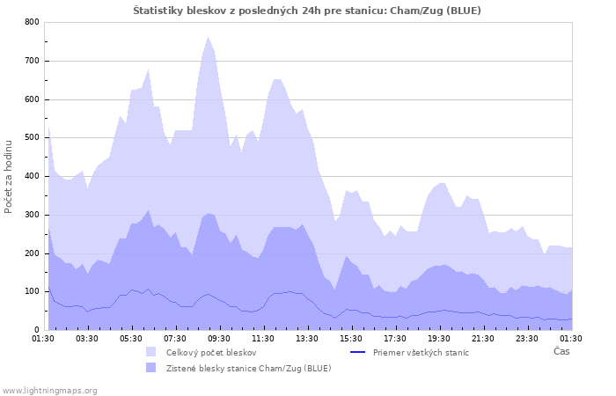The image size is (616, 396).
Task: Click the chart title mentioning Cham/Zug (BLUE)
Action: click(307, 10)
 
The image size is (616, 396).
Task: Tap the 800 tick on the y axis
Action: click(32, 22)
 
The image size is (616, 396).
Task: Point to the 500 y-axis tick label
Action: click(32, 138)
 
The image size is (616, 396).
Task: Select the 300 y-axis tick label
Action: click(32, 215)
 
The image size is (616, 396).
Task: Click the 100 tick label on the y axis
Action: click(32, 291)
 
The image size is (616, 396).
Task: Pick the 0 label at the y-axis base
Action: click(36, 330)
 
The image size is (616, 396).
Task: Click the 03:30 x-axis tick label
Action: click(87, 338)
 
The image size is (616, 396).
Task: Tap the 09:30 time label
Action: click(219, 338)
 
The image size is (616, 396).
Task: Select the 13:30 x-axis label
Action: click(307, 338)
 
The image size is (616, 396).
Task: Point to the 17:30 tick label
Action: click(395, 338)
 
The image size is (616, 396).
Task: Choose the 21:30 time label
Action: click(483, 338)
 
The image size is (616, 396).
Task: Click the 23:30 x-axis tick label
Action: click(527, 338)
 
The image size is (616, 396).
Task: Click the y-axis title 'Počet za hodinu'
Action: click(10, 175)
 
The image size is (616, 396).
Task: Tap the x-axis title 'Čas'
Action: click(561, 351)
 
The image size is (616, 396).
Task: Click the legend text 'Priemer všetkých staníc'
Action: click(421, 353)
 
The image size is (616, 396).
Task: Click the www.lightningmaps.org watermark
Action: click(49, 390)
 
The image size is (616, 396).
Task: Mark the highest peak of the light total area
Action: click(209, 37)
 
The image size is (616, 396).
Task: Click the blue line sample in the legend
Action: click(356, 352)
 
